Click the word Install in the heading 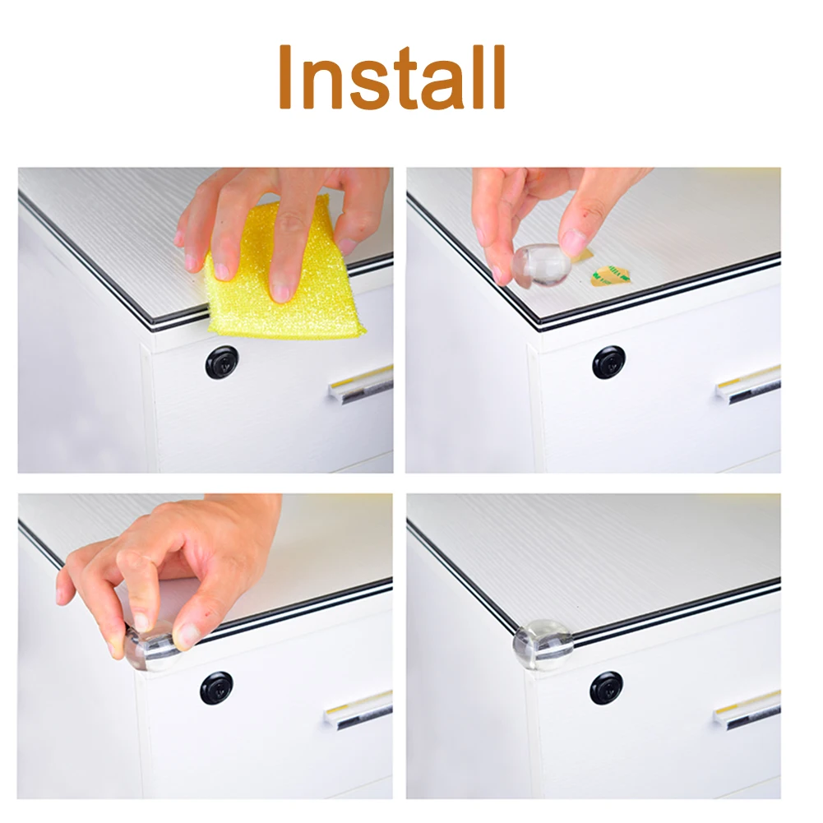(391, 77)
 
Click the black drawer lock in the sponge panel (222, 362)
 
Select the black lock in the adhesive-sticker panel (609, 362)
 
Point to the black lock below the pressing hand (217, 687)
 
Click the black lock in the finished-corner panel (606, 687)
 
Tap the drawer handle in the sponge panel (362, 385)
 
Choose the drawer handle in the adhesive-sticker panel (749, 385)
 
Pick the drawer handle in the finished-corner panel (747, 710)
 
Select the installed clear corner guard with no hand (542, 645)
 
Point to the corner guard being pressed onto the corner (151, 648)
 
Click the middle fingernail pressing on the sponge (282, 291)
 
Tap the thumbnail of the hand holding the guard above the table (573, 242)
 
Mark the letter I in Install (285, 77)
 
